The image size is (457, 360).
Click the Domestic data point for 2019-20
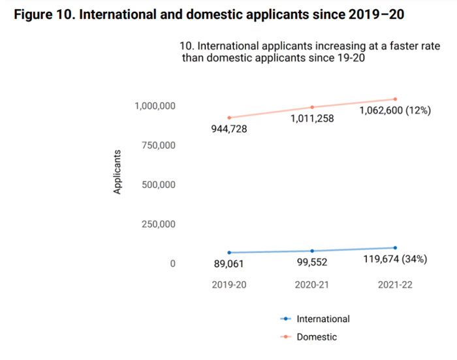pyautogui.click(x=228, y=118)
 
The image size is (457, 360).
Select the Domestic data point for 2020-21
pyautogui.click(x=312, y=107)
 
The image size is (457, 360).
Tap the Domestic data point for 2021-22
pyautogui.click(x=395, y=99)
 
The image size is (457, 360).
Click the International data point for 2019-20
pyautogui.click(x=228, y=252)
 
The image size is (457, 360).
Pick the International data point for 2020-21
pyautogui.click(x=312, y=251)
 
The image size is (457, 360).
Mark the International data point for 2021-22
pyautogui.click(x=395, y=248)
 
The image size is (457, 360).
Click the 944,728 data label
pyautogui.click(x=228, y=129)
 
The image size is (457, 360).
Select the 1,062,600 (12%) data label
pyautogui.click(x=395, y=110)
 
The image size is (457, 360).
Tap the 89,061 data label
pyautogui.click(x=228, y=264)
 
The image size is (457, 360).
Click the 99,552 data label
pyautogui.click(x=311, y=263)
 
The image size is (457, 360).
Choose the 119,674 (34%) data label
pyautogui.click(x=394, y=259)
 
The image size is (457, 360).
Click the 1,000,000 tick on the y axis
pyautogui.click(x=155, y=106)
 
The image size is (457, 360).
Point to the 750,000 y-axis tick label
pyautogui.click(x=157, y=145)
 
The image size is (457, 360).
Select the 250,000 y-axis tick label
pyautogui.click(x=157, y=225)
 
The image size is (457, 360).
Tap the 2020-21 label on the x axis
pyautogui.click(x=311, y=285)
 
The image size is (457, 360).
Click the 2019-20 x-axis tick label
pyautogui.click(x=228, y=285)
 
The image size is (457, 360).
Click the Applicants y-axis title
pyautogui.click(x=118, y=172)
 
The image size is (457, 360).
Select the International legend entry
pyautogui.click(x=315, y=319)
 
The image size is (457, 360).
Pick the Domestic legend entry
pyautogui.click(x=309, y=337)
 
